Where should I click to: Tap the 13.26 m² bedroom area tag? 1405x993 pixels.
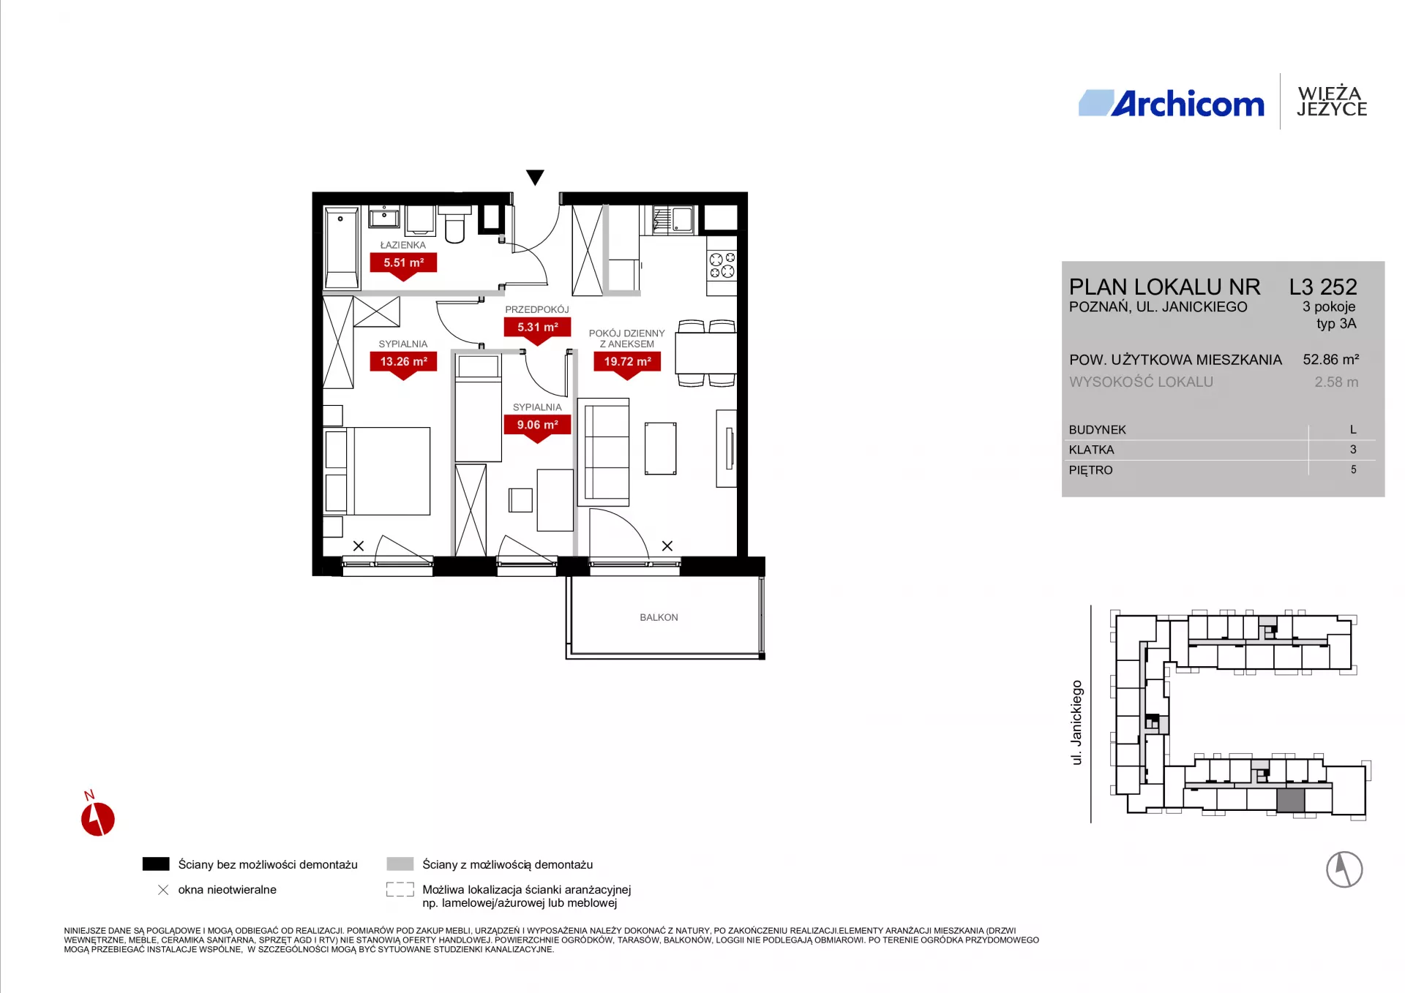[403, 363]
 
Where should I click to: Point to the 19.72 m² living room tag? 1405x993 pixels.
[627, 363]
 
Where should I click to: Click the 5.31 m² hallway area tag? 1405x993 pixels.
[537, 329]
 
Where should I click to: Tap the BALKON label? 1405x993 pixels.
[659, 617]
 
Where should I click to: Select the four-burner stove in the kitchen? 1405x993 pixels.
[722, 265]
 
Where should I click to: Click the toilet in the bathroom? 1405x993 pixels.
[454, 224]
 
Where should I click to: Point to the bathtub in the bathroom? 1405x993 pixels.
[342, 248]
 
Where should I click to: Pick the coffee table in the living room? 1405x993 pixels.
[660, 448]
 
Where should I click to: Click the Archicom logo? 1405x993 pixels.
[1172, 104]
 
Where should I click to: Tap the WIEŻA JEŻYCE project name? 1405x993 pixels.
[1332, 102]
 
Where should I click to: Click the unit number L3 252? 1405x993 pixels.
[1323, 287]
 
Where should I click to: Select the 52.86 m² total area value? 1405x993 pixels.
[1331, 360]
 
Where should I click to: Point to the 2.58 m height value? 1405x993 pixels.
[1336, 382]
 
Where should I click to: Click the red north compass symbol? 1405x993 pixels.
[97, 818]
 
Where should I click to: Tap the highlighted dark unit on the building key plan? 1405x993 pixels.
[1291, 801]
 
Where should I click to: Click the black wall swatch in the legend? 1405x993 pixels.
[156, 864]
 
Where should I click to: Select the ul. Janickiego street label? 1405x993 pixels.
[1076, 722]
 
